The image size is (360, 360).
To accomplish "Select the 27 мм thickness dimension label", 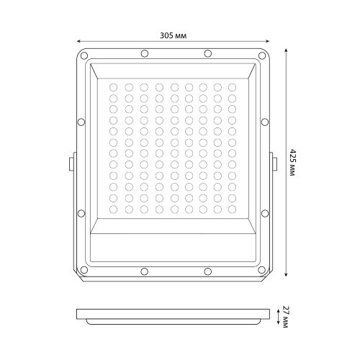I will coord(287,314).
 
